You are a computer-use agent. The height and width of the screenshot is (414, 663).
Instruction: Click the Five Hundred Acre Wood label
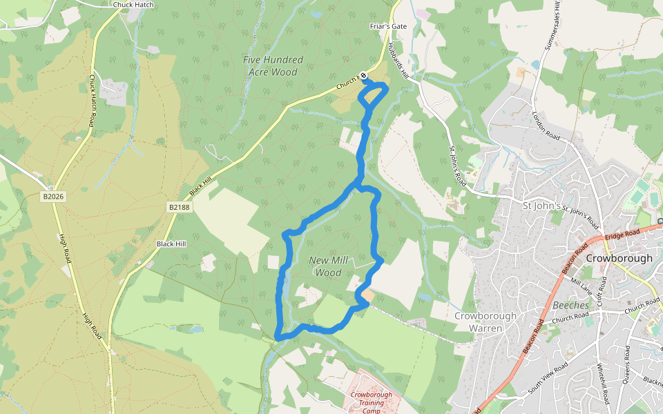(x=273, y=66)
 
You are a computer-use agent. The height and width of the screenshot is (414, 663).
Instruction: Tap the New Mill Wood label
(x=328, y=266)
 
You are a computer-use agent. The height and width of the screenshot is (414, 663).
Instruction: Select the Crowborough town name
(x=619, y=258)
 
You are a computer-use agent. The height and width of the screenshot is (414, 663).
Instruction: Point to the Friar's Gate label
(x=388, y=26)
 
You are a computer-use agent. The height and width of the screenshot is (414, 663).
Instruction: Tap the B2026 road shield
(x=52, y=197)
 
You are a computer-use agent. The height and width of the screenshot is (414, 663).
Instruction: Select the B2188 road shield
(x=178, y=207)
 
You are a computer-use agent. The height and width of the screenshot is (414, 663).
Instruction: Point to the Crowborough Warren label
(x=486, y=322)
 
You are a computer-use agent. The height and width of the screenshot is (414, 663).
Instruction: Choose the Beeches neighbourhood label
(x=571, y=305)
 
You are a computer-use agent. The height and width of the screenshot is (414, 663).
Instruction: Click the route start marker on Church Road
(x=363, y=76)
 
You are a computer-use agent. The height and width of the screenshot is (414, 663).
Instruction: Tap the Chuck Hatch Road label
(x=92, y=101)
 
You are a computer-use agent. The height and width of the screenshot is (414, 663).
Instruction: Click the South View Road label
(x=548, y=376)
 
